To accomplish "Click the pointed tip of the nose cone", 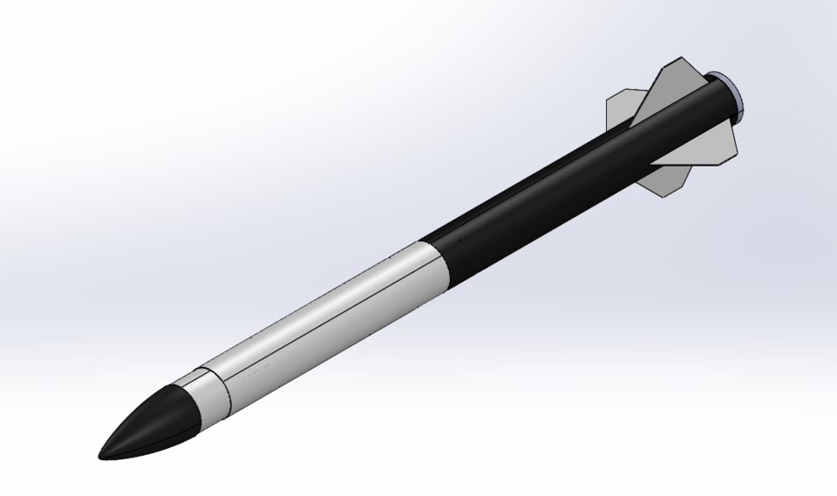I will pyautogui.click(x=100, y=455).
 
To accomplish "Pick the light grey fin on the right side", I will pyautogui.click(x=711, y=148).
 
